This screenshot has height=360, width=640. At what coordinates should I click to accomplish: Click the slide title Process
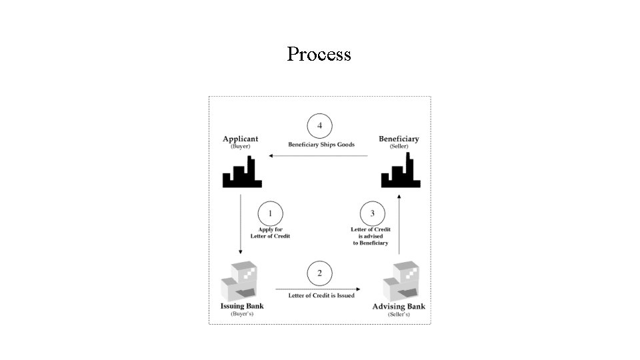[319, 54]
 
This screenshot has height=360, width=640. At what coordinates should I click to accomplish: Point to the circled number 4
[319, 126]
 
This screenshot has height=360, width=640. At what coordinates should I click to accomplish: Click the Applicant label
[241, 139]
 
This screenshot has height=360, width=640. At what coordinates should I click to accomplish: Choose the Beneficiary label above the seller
[399, 139]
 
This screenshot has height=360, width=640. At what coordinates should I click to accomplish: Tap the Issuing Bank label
[242, 306]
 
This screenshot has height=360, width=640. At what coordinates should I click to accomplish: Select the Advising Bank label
[399, 306]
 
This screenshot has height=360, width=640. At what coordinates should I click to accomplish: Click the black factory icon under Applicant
[242, 172]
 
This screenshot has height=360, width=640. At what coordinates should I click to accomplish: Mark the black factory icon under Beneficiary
[401, 171]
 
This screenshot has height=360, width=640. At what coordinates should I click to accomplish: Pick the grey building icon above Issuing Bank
[239, 281]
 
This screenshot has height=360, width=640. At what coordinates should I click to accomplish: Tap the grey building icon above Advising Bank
[401, 281]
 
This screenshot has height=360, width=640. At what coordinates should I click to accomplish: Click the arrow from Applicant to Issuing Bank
[241, 224]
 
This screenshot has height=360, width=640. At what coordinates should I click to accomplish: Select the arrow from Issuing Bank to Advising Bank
[318, 289]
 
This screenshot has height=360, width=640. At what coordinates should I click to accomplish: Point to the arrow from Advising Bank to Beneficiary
[399, 225]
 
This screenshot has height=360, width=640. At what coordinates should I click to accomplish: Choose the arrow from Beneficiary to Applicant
[318, 155]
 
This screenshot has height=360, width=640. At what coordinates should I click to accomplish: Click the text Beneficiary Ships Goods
[321, 145]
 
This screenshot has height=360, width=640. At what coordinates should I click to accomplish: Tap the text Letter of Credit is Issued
[321, 295]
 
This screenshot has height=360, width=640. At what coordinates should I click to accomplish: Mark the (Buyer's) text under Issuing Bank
[242, 314]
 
